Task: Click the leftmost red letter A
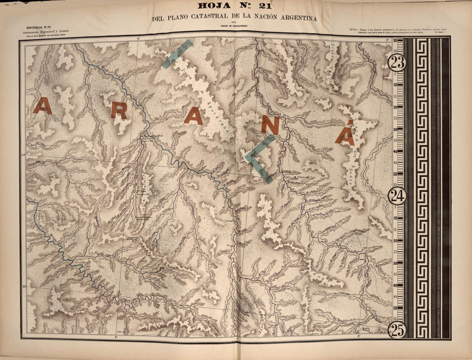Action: coord(42,106)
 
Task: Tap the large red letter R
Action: coord(118,111)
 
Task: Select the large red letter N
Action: coord(270,125)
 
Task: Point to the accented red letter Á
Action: coord(345,133)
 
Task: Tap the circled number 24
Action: coord(397,196)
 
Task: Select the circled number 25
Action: coord(397,330)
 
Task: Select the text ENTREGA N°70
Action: coord(39,27)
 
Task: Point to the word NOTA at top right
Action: coord(354,29)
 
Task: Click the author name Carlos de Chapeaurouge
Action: coord(233,25)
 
